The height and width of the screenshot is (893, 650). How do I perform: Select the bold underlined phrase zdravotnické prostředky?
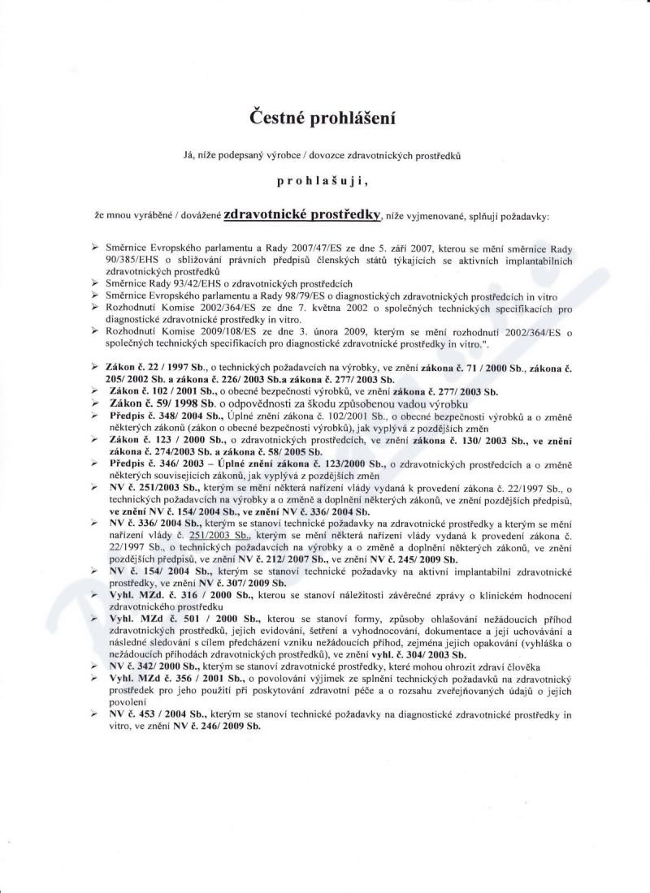pyautogui.click(x=302, y=215)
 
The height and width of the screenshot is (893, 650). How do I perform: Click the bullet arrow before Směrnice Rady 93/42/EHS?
pyautogui.click(x=95, y=283)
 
